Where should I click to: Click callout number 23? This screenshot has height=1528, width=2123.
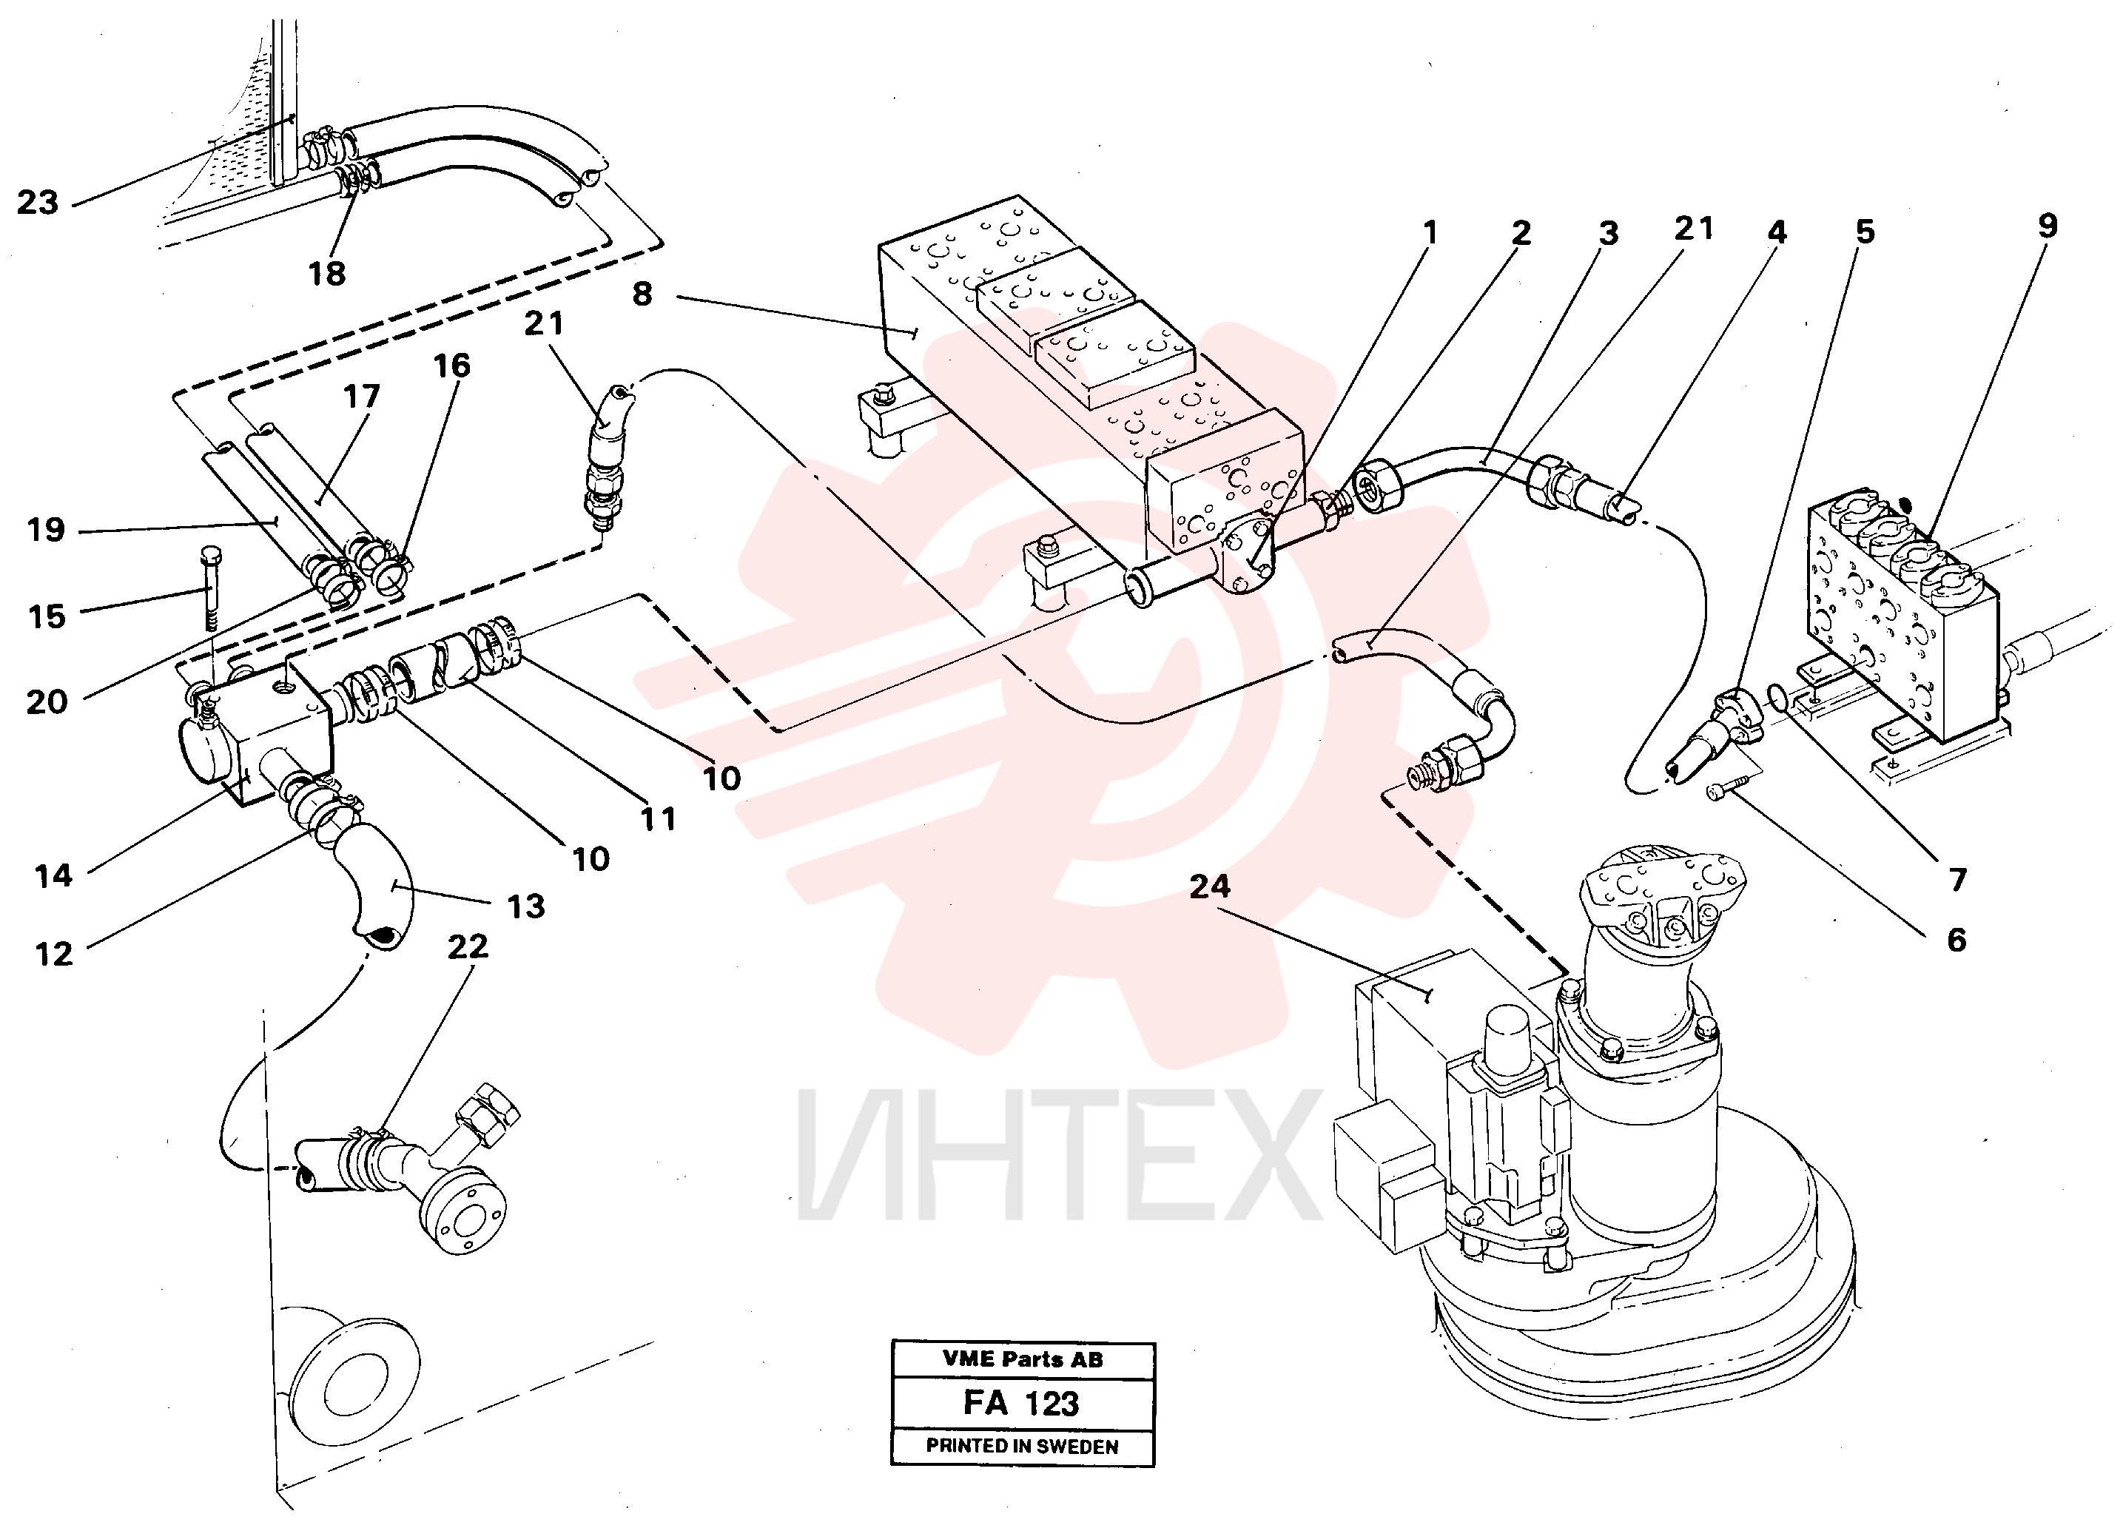[38, 202]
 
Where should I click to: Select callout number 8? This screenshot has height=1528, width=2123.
[642, 294]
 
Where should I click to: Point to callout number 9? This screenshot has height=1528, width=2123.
[2048, 226]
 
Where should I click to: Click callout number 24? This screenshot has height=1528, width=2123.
[1209, 886]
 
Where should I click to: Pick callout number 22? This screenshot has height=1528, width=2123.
[468, 946]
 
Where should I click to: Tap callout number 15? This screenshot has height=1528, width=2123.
[47, 616]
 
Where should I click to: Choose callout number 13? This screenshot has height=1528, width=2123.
[525, 906]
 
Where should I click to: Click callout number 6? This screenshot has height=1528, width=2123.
[1957, 940]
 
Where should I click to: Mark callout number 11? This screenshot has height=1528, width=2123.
[658, 819]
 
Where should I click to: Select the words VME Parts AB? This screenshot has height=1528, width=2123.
[1022, 1359]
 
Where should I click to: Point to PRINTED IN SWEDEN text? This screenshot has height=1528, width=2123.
[1022, 1446]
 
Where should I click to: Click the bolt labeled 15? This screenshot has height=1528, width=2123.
[209, 588]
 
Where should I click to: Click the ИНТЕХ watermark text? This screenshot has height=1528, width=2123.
[1057, 1155]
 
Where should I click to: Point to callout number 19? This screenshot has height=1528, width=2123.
[46, 530]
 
